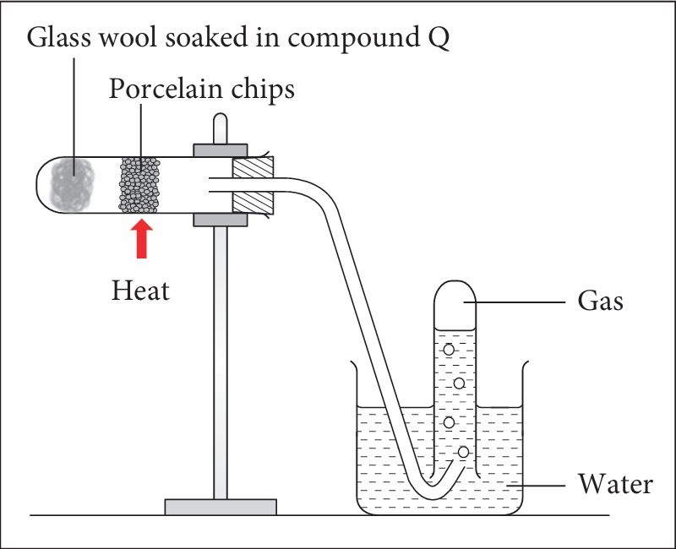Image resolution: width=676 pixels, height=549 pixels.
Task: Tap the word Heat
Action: click(x=141, y=291)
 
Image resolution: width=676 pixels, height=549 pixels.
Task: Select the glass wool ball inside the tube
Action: click(x=74, y=184)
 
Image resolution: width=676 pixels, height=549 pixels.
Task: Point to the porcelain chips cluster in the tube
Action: click(x=139, y=184)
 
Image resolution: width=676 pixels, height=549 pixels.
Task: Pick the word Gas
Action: click(x=600, y=300)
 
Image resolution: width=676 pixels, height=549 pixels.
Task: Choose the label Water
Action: click(x=614, y=485)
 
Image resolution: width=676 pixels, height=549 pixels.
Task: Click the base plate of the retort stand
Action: click(x=221, y=507)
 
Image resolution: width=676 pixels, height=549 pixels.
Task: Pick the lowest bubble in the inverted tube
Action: click(x=463, y=453)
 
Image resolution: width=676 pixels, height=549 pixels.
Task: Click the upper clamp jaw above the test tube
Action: click(x=221, y=150)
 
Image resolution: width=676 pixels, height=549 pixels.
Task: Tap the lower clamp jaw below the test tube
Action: click(x=221, y=220)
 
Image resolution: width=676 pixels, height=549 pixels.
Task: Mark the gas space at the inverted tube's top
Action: click(x=456, y=304)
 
